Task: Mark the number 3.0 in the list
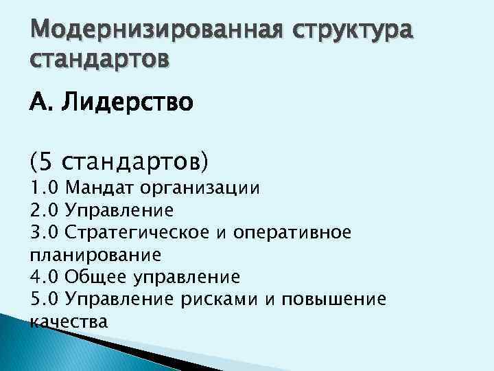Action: (46, 232)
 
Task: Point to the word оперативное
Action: (293, 232)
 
